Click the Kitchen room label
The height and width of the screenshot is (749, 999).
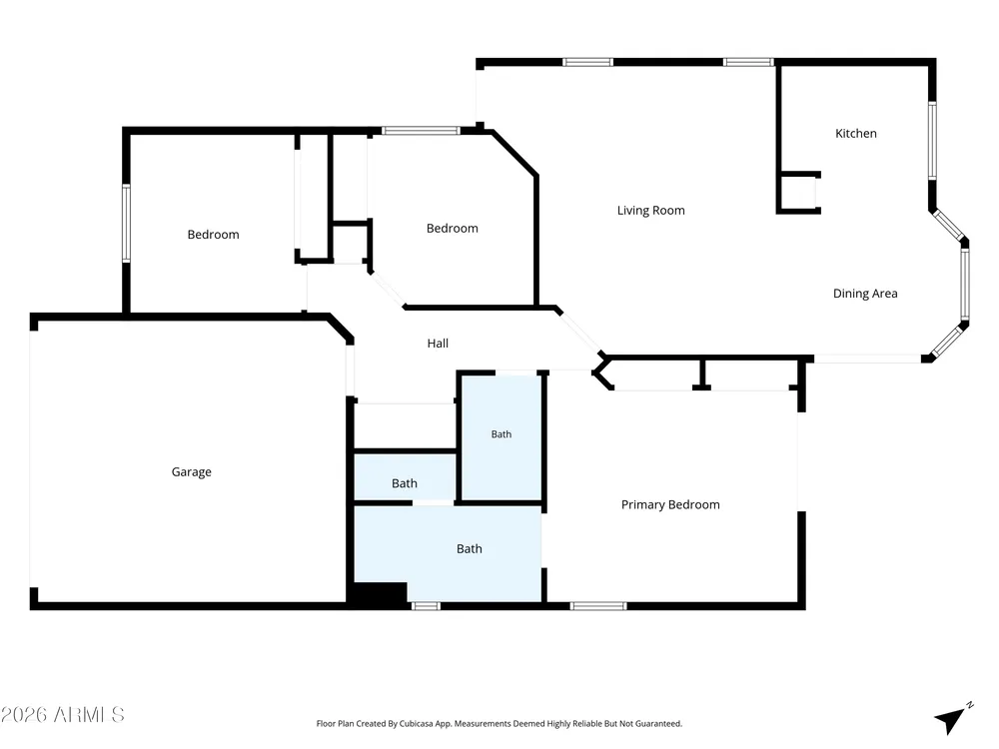pos(856,133)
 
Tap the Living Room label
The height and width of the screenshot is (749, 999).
pos(650,210)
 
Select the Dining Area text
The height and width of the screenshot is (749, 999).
pos(865,293)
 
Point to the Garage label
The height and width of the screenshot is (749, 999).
pos(191,472)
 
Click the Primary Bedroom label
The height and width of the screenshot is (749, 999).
pos(670,504)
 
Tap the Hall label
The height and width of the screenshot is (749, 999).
pos(438,344)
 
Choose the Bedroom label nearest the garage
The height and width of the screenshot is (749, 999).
pos(214,235)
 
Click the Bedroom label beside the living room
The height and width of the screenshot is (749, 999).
pos(453,228)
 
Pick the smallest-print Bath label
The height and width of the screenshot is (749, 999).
pos(501,434)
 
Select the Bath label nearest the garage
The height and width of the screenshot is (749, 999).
pos(405,483)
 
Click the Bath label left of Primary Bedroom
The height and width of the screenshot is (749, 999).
pos(470,549)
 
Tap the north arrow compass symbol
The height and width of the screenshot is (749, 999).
pos(952,719)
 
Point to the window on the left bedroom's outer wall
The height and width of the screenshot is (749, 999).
pos(126,223)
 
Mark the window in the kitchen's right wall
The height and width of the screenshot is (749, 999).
pos(932,140)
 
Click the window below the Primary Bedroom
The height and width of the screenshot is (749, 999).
pos(598,606)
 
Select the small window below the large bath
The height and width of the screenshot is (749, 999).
pos(426,606)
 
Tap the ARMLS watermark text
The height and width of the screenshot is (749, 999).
pos(62,715)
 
